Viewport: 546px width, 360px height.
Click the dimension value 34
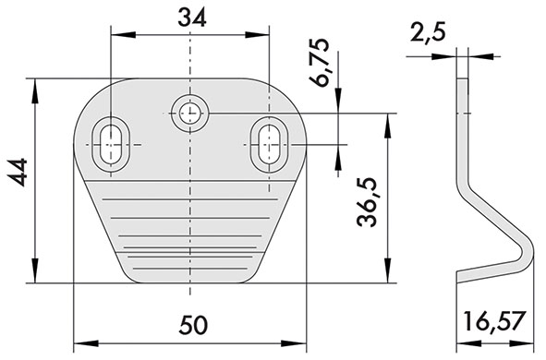[x=192, y=18]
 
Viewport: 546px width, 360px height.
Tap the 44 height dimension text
[x=18, y=173]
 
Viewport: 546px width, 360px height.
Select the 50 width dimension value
[x=194, y=325]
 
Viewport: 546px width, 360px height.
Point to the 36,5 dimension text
[x=368, y=202]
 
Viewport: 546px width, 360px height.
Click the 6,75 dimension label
[x=320, y=62]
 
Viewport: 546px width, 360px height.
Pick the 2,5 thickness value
[x=429, y=33]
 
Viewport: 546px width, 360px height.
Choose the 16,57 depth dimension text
[x=494, y=321]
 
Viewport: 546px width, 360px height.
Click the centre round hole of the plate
[x=189, y=113]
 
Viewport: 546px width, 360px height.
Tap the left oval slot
[x=111, y=144]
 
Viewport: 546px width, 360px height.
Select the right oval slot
[x=269, y=144]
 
